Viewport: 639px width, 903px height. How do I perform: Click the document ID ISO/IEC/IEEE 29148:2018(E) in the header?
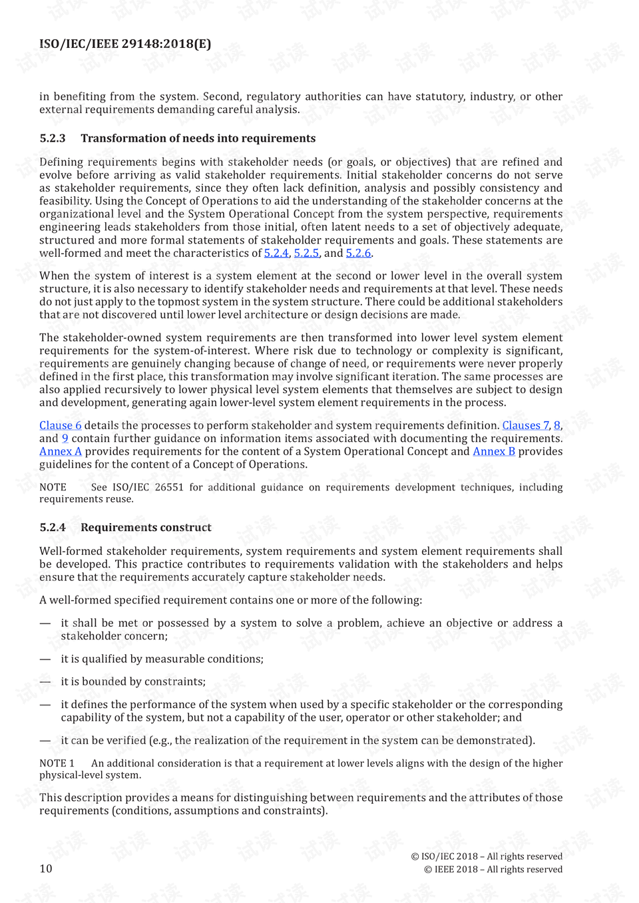tap(125, 44)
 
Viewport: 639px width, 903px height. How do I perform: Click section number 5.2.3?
tap(53, 138)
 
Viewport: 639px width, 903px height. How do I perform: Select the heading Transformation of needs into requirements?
tap(198, 138)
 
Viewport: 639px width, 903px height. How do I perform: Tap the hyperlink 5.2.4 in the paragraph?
tap(276, 254)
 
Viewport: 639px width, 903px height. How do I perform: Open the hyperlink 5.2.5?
tap(306, 254)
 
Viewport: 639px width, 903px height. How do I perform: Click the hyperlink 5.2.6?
tap(358, 254)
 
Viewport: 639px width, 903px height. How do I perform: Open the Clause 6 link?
tap(60, 425)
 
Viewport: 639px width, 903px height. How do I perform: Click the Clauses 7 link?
tap(525, 425)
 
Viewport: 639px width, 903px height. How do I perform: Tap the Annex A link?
tap(60, 451)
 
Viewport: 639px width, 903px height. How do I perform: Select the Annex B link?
tap(494, 451)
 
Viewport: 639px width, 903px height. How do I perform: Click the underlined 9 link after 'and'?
tap(65, 439)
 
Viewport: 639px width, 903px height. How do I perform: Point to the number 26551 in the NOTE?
tap(169, 487)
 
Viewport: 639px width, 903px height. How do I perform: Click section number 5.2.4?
tap(53, 528)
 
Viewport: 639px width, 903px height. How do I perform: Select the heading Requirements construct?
tap(146, 528)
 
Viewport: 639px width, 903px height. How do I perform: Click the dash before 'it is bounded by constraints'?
tap(45, 681)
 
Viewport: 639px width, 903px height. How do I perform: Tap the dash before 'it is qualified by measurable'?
tap(45, 659)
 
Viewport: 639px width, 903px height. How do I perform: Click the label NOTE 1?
tap(57, 763)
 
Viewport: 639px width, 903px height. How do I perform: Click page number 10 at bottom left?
tap(46, 868)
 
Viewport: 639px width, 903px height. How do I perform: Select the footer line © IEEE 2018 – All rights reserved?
tap(493, 869)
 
